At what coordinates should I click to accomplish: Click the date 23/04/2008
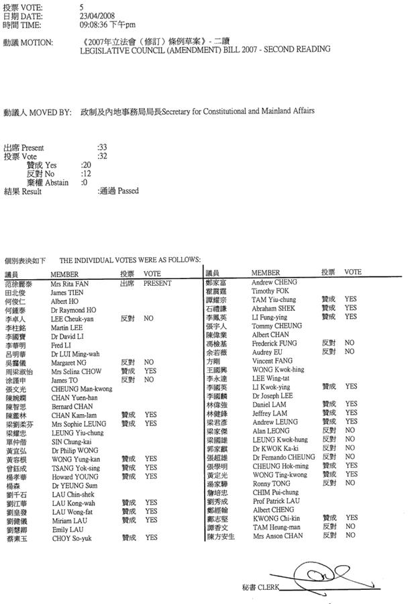coord(95,16)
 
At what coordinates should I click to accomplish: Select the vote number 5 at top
coord(81,7)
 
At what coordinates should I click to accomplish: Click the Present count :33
coord(102,147)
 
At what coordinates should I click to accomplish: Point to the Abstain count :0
coord(85,182)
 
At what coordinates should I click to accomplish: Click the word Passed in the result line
coord(128,191)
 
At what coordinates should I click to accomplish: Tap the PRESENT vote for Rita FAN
coord(157,284)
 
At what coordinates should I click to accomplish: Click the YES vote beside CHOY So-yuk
coord(151,538)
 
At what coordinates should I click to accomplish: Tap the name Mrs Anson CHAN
coord(278,536)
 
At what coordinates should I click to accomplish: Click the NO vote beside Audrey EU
coord(350,352)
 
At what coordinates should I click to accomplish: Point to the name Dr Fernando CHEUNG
coord(284,457)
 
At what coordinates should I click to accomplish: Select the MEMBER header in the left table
coord(64,274)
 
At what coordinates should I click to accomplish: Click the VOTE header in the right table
coord(353,272)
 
